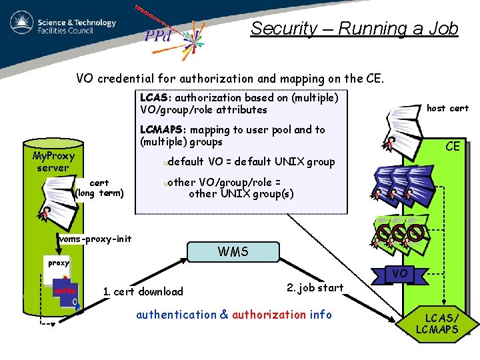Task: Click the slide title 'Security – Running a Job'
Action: [354, 29]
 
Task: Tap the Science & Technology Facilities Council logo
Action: [63, 27]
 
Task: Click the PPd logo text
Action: [159, 35]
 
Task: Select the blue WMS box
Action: [233, 252]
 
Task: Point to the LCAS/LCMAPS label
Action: [437, 323]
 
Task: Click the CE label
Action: [453, 146]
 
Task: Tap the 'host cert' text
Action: [447, 108]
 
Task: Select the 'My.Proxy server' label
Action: [53, 161]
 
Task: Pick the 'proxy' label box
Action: [59, 263]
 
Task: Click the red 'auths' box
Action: [65, 291]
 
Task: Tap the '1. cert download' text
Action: [143, 291]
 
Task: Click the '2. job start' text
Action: [315, 287]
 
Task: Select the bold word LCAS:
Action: [156, 98]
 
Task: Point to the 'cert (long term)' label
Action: [99, 188]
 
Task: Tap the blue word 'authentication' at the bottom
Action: [176, 315]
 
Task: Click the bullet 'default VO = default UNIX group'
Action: [251, 161]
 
